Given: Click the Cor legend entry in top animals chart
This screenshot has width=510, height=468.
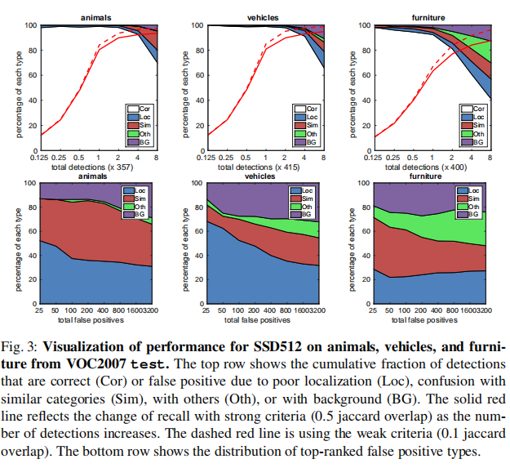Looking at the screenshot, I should click(x=144, y=107).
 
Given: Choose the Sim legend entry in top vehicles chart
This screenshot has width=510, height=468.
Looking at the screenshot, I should click(x=311, y=125).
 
